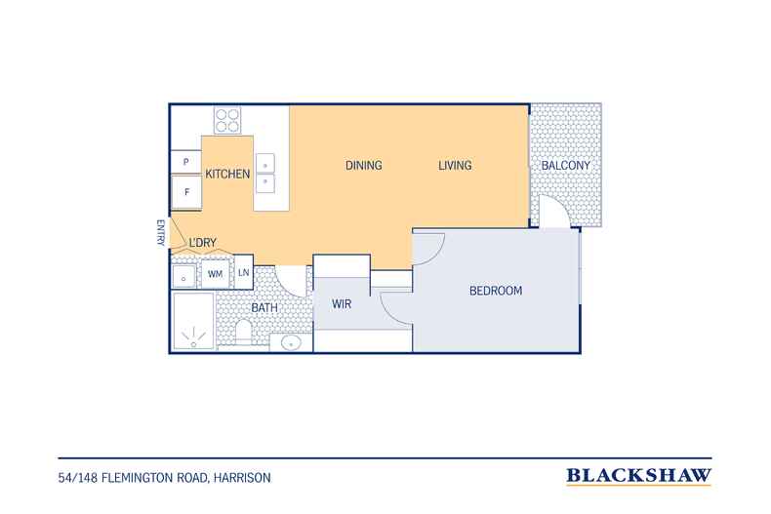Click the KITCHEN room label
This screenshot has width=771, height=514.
tap(227, 174)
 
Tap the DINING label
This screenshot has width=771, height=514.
tap(364, 166)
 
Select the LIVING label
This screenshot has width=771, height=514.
tap(455, 166)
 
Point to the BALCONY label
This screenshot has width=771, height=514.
tap(565, 166)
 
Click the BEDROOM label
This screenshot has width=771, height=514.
tap(496, 291)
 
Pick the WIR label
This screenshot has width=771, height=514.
tap(342, 304)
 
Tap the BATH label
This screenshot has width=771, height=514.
tap(264, 308)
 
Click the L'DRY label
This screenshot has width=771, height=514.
tap(203, 243)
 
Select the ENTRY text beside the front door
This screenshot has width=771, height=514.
tap(160, 232)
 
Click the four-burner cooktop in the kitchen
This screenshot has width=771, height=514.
tap(227, 120)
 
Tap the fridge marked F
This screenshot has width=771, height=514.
tap(186, 192)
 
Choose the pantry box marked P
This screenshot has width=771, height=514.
tap(185, 162)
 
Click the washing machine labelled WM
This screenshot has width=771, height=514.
tap(215, 274)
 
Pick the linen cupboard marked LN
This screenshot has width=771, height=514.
tap(243, 272)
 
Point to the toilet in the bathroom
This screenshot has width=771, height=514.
tap(243, 333)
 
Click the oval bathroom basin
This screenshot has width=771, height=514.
tap(291, 342)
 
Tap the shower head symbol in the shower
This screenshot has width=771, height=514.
tap(194, 337)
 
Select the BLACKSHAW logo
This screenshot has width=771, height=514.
tap(638, 476)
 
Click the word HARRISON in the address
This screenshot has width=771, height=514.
tap(242, 478)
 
